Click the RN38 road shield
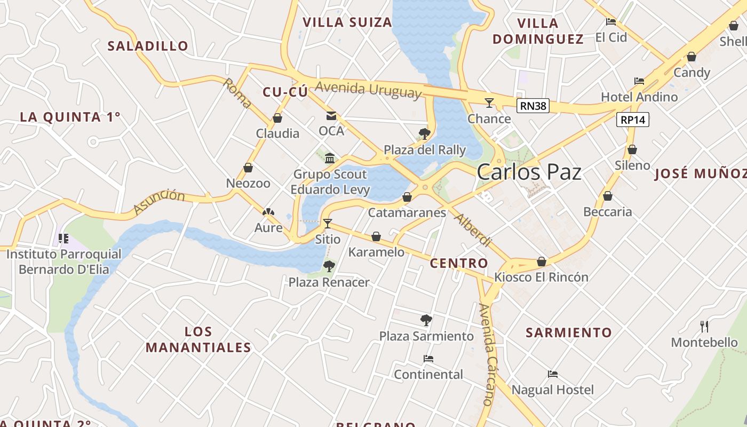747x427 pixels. pos(533,106)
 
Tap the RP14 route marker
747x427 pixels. pos(633,120)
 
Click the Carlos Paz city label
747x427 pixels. pos(529,172)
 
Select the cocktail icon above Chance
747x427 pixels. pos(489,102)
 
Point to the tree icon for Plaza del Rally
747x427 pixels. pos(425,133)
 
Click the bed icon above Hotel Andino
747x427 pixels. pos(639,81)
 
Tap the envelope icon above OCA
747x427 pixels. pos(331,115)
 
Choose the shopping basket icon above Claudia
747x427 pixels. pos(277,118)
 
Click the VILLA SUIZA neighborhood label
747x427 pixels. pos(347,22)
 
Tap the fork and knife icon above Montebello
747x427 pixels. pos(704,326)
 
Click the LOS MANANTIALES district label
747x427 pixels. pos(198,339)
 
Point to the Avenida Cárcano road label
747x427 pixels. pos(487,354)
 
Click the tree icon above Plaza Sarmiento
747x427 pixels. pos(426,320)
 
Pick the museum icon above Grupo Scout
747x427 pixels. pos(330,158)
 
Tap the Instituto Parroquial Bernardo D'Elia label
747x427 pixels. pos(64,262)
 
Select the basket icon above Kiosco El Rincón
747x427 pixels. pos(541,262)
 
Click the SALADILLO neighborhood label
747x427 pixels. pos(148,46)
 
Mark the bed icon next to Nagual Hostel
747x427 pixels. pos(553,374)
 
